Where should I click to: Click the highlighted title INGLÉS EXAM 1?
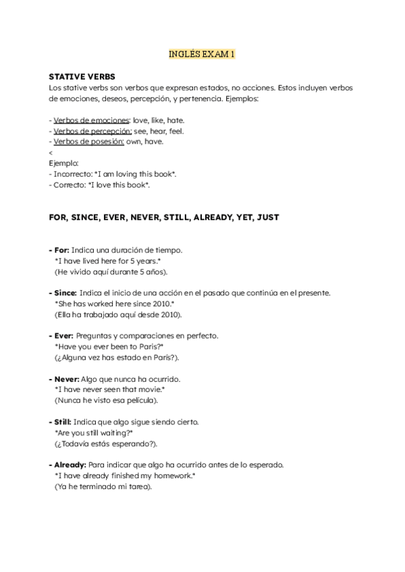click(202, 53)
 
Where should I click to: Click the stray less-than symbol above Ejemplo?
click(51, 152)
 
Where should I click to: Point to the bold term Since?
click(64, 293)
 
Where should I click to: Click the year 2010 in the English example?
click(169, 304)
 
